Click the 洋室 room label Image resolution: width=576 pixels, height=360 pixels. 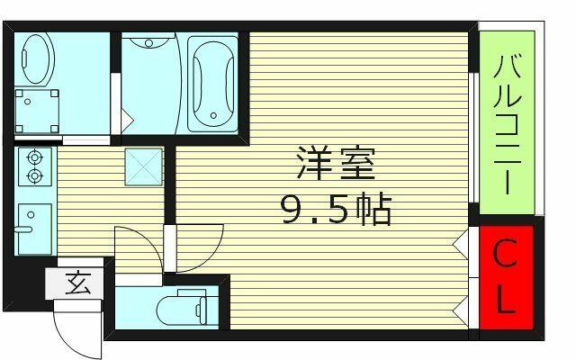336,163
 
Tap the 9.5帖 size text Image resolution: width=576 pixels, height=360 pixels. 337,209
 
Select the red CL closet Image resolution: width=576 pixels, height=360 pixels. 507,277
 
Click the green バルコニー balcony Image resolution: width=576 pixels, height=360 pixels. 507,122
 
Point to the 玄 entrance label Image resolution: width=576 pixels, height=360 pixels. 78,283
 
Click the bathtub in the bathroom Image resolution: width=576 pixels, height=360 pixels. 213,84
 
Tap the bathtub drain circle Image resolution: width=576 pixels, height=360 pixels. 213,115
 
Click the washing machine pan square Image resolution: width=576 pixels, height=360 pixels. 37,111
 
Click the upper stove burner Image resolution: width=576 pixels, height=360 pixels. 34,157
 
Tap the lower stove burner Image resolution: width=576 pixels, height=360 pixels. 34,176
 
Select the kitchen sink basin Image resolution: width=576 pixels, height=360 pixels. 34,229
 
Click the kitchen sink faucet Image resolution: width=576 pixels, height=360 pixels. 23,230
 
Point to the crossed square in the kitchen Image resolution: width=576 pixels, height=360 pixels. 144,166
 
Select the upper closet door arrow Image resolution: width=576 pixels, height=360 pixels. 460,244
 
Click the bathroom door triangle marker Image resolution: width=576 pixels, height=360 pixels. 127,120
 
